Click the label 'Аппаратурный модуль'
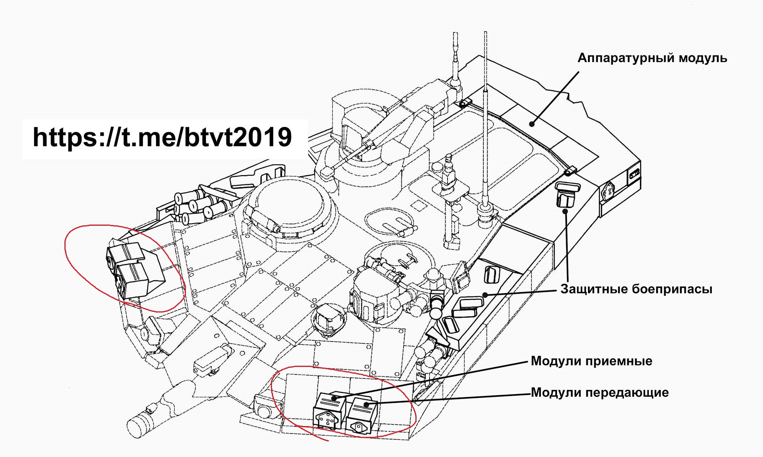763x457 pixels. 652,58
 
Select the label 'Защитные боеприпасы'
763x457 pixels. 636,289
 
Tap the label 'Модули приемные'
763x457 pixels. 591,361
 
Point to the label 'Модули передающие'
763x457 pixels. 600,392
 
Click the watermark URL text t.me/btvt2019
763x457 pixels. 162,138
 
